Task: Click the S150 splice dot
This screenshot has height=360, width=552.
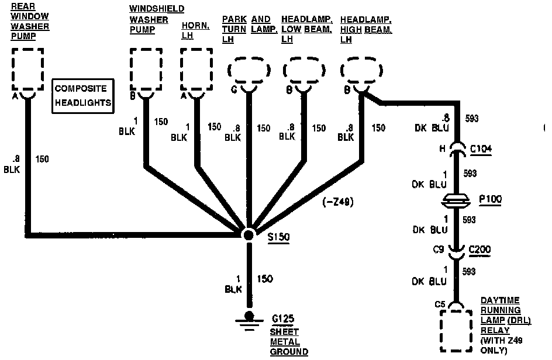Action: click(249, 235)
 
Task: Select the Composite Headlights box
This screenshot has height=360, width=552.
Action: click(81, 96)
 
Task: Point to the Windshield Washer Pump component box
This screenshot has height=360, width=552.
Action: click(146, 68)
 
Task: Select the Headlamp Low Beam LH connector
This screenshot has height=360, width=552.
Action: click(304, 71)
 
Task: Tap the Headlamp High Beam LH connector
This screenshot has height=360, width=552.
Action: click(361, 71)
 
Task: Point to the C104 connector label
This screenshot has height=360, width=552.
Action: click(481, 149)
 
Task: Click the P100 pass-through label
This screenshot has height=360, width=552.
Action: click(490, 199)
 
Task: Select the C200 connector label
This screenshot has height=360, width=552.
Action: click(480, 250)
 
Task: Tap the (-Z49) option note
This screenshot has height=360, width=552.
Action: click(338, 202)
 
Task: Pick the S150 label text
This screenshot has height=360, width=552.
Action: click(278, 238)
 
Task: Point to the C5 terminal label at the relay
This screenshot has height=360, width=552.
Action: click(440, 303)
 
